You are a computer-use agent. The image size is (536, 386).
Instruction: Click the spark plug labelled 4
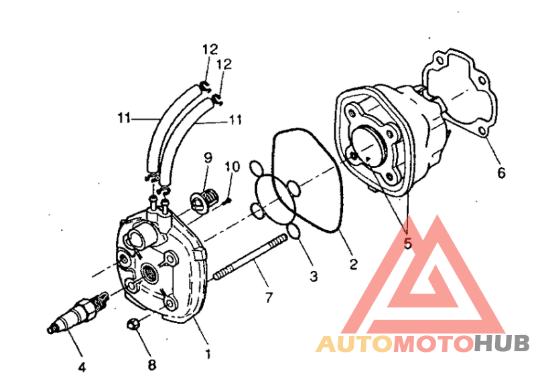coord(78,312)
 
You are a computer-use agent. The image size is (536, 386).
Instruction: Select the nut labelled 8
coord(133,324)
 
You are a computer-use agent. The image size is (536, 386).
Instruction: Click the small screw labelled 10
coord(227,202)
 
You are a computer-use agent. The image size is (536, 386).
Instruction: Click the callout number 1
coord(208,355)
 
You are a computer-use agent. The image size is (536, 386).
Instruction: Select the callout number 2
coord(353,264)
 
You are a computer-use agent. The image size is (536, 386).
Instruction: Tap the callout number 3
coord(314,276)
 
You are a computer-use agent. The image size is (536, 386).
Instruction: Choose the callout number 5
coord(407,244)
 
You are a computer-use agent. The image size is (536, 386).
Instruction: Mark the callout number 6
coord(500,173)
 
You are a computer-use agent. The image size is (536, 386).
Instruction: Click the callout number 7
coord(269,298)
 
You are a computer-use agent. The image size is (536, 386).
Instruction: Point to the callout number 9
coord(208,157)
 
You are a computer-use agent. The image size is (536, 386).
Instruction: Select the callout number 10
coord(232,167)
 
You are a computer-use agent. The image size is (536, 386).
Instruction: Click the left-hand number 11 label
coord(124,118)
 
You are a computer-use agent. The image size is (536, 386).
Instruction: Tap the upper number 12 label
coord(210,50)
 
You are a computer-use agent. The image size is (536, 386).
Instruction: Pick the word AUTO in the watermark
coord(354,344)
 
